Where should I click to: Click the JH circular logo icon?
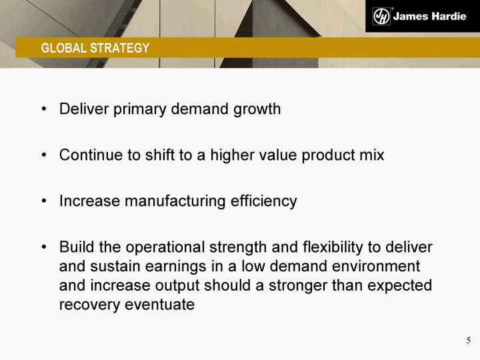(381, 16)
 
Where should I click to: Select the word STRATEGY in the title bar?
(120, 48)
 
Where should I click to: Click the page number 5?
(469, 341)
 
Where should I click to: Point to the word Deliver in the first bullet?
(84, 109)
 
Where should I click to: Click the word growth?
(257, 109)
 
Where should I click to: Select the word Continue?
(91, 155)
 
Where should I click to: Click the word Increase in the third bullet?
(90, 201)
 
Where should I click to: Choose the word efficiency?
(263, 201)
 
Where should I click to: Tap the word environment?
(376, 266)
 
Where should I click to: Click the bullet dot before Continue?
(45, 155)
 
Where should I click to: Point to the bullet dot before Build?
(45, 247)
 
